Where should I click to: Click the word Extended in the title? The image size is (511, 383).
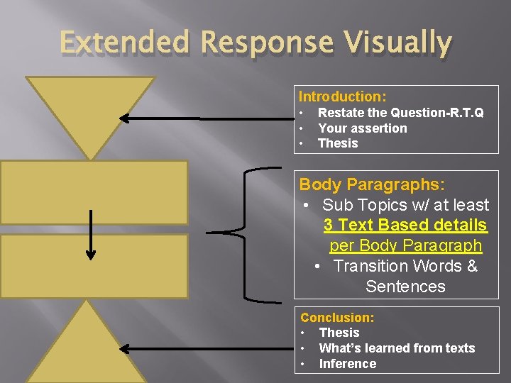pyautogui.click(x=126, y=43)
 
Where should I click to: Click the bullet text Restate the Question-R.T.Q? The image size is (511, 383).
pyautogui.click(x=401, y=113)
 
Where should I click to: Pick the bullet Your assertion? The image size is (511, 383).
pyautogui.click(x=363, y=128)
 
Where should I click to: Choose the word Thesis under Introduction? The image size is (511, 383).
pyautogui.click(x=338, y=143)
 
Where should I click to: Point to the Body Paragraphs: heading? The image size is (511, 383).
pyautogui.click(x=372, y=184)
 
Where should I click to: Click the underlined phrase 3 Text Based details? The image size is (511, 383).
pyautogui.click(x=405, y=226)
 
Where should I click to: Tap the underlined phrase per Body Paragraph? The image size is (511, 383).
pyautogui.click(x=405, y=246)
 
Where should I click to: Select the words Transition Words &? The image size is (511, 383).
pyautogui.click(x=405, y=267)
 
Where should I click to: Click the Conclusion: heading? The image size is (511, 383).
pyautogui.click(x=337, y=318)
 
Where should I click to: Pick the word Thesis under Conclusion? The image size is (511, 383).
pyautogui.click(x=339, y=333)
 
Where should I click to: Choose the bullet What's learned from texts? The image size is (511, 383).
pyautogui.click(x=397, y=348)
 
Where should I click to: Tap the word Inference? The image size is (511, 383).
pyautogui.click(x=348, y=364)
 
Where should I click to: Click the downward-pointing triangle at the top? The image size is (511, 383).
pyautogui.click(x=90, y=106)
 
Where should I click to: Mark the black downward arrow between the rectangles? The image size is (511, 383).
pyautogui.click(x=91, y=234)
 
